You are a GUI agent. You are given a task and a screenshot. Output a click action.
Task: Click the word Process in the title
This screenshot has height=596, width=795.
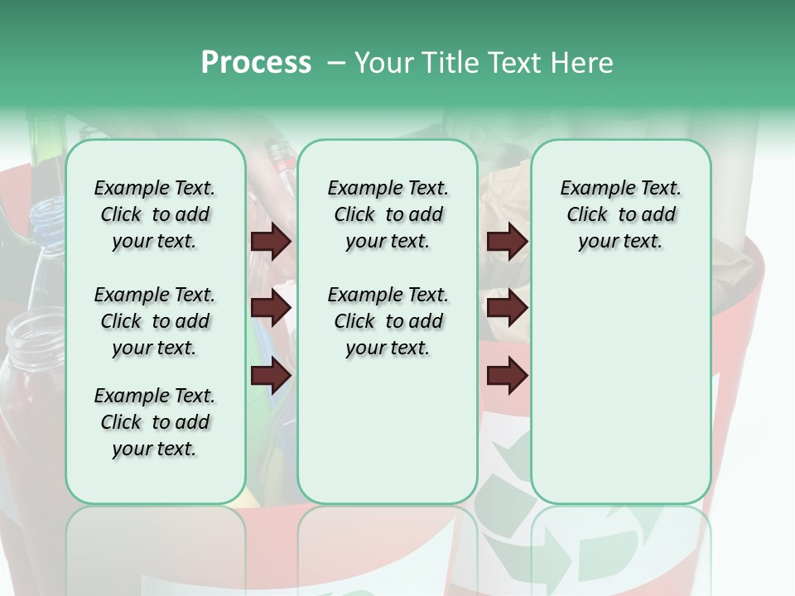pos(256,63)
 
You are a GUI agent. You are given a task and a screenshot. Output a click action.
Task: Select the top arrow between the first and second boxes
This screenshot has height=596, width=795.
pos(270,242)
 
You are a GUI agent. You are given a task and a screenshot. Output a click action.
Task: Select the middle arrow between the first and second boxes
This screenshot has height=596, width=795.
pos(270,309)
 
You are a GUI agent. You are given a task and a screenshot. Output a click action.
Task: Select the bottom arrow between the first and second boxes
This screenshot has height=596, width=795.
pos(270,376)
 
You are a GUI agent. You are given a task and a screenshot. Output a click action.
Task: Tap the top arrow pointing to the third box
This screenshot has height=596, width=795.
pos(507,242)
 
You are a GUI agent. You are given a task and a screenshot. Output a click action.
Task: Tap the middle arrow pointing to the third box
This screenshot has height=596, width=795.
pos(507,309)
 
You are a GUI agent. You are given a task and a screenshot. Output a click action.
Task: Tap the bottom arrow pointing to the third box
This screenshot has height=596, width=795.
pos(507,376)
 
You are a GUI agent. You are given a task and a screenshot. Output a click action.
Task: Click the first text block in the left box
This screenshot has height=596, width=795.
pos(155,214)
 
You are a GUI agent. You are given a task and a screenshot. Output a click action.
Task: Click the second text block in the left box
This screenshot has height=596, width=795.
pos(155,321)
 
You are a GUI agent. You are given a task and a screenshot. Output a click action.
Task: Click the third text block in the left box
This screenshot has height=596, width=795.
pos(155,422)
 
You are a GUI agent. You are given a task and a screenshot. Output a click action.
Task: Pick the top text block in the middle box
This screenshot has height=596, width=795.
pos(388,214)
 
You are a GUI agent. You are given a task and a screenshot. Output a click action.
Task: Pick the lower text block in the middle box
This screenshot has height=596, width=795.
pos(388,321)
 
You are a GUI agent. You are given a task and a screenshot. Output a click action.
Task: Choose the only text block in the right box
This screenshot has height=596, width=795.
pos(620,214)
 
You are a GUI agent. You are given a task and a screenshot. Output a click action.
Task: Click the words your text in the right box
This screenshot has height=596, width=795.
pos(620,242)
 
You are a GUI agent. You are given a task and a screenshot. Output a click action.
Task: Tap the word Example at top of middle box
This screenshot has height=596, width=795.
pos(358,188)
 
